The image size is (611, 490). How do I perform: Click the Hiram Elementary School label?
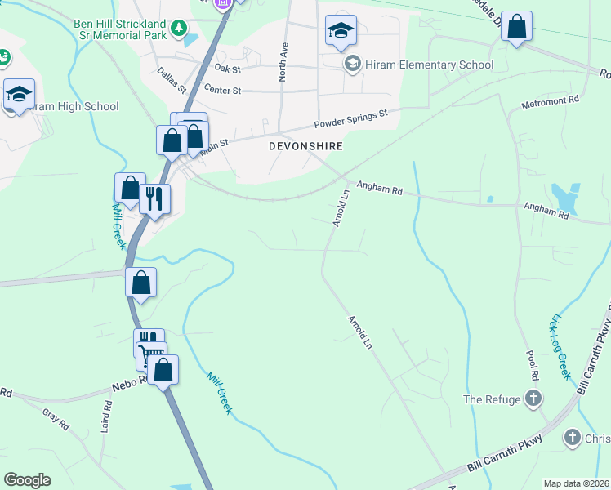430,65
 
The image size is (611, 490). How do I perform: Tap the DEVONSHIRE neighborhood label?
305,146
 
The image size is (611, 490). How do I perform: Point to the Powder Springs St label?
351,122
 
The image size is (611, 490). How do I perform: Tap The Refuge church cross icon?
533,399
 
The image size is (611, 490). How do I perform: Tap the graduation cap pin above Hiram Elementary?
341,32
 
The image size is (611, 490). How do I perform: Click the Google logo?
27,480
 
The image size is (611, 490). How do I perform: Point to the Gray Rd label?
53,418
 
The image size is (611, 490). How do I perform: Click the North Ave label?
283,62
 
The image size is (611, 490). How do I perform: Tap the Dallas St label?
173,80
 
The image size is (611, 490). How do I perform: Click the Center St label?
223,89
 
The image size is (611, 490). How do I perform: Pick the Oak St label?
225,69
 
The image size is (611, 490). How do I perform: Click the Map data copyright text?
576,483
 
